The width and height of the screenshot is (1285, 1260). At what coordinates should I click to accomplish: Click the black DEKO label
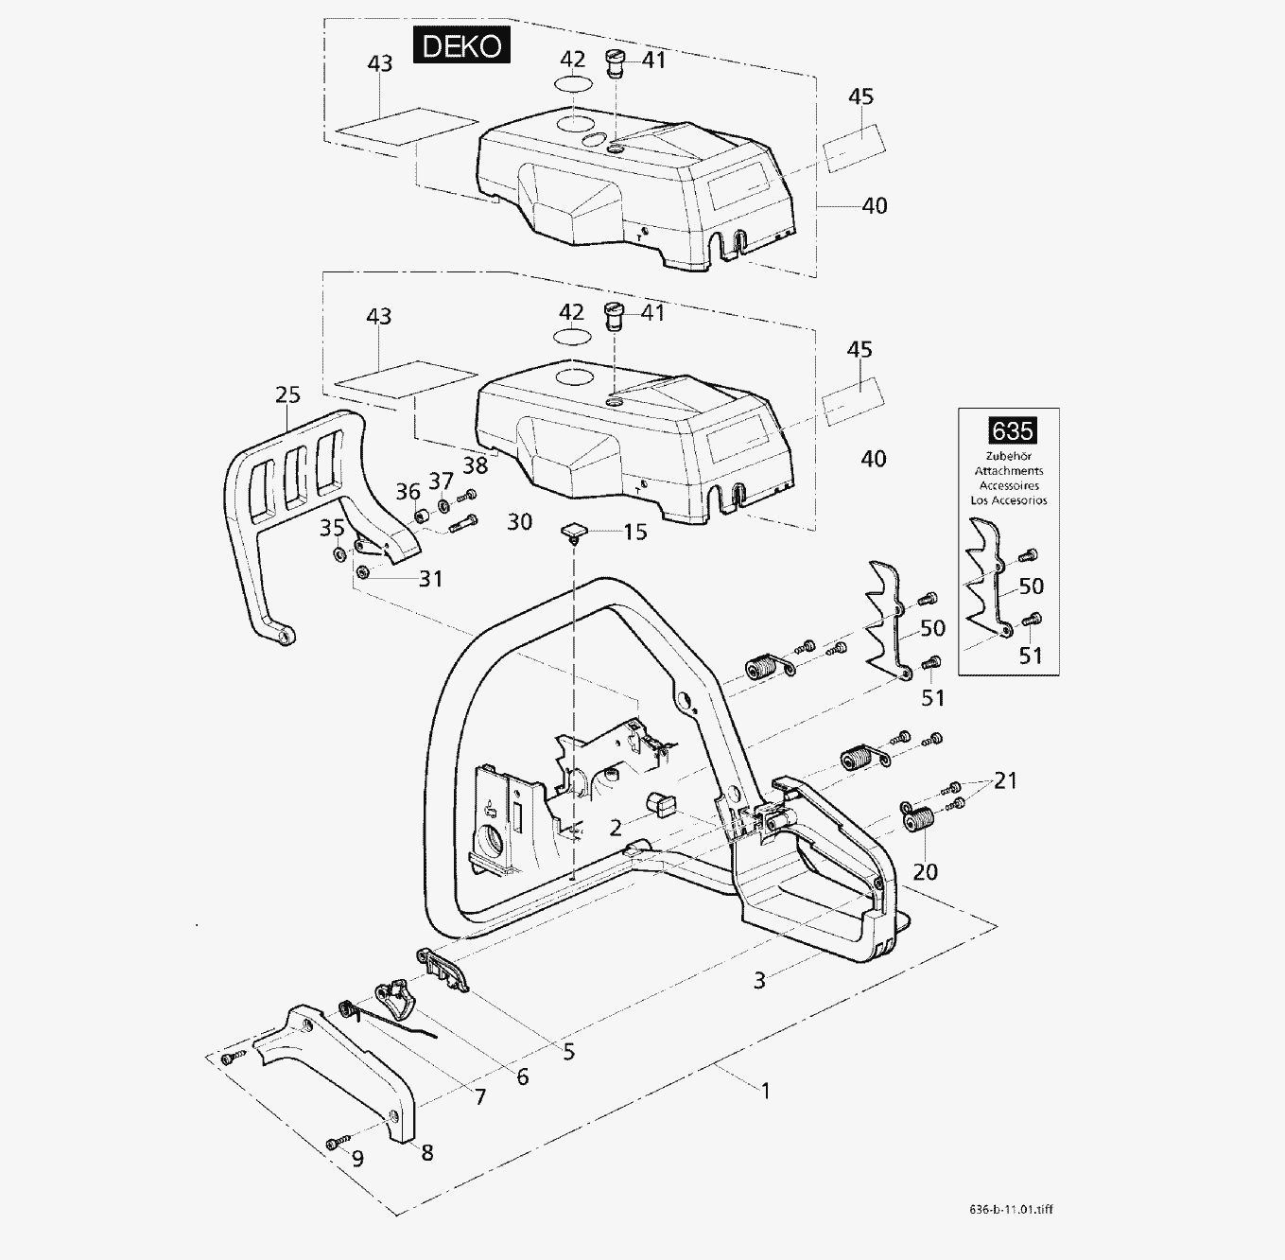point(461,45)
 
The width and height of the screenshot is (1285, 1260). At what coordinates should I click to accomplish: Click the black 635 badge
point(1012,431)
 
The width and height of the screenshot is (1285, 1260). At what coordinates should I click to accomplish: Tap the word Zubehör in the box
point(1009,456)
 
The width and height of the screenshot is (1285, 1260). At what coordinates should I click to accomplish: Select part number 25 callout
point(287,394)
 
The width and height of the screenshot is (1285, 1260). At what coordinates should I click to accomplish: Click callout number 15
point(635,533)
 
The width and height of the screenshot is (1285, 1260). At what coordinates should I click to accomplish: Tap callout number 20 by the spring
point(925,871)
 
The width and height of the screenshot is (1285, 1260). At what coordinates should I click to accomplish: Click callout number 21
point(1005,780)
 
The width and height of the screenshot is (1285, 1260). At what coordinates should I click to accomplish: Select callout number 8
point(427,1152)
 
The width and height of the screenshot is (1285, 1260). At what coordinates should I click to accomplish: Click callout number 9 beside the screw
point(357,1158)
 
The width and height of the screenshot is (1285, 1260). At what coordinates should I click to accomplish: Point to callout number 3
point(759,981)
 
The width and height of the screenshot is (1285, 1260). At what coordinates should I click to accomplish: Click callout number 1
point(766,1091)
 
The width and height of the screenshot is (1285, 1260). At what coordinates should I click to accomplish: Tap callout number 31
point(430,578)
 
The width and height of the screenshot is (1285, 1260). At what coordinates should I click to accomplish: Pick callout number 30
point(519,521)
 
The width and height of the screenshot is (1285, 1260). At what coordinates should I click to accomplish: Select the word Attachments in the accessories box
point(1009,471)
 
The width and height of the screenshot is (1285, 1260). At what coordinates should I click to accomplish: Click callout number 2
point(616,829)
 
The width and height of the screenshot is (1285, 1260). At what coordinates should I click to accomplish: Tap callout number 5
point(568,1052)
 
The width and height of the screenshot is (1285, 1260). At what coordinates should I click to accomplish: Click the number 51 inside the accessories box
point(1030,655)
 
